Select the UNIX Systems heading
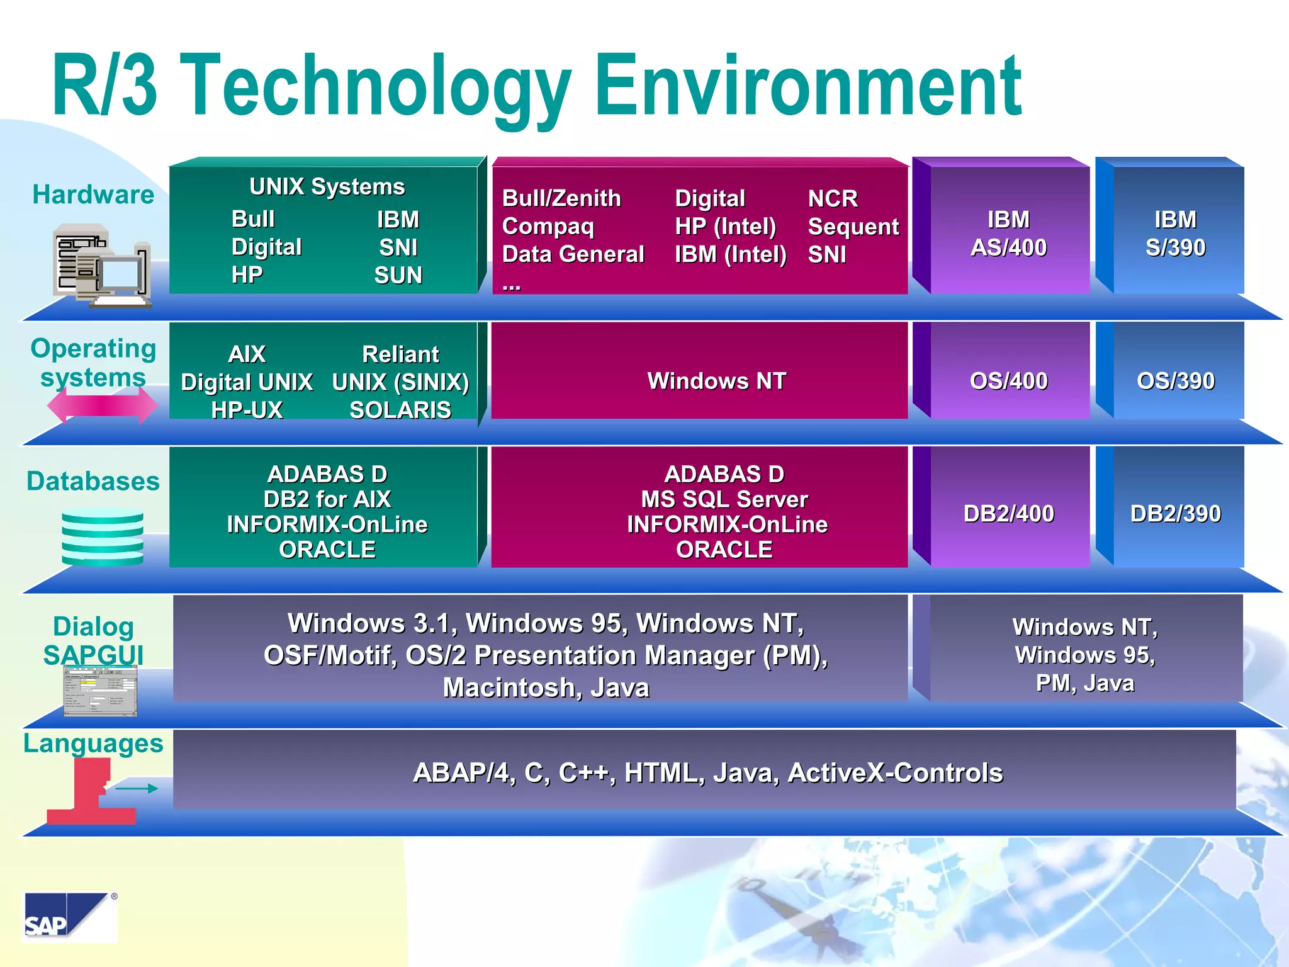click(x=327, y=186)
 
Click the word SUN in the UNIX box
click(x=398, y=275)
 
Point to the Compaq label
click(x=548, y=227)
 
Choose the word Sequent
click(x=853, y=227)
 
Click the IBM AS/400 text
click(x=1008, y=234)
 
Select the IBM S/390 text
click(x=1175, y=234)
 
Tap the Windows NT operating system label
click(x=716, y=381)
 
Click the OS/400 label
click(x=1008, y=381)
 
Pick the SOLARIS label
click(x=400, y=410)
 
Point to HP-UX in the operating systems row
click(x=247, y=410)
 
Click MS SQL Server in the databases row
click(x=724, y=499)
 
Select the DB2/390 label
click(x=1175, y=514)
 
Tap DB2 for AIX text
click(x=327, y=499)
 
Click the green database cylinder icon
click(x=103, y=536)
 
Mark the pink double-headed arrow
click(x=102, y=405)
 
